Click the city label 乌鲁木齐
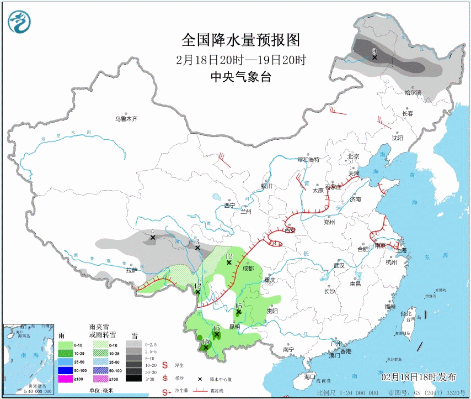(126, 118)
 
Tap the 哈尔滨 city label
(412, 92)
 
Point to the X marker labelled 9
(374, 57)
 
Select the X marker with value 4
(152, 238)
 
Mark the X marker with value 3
(197, 248)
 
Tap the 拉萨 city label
(131, 270)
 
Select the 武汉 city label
(339, 265)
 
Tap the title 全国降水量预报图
(240, 40)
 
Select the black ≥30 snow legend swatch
(133, 379)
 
